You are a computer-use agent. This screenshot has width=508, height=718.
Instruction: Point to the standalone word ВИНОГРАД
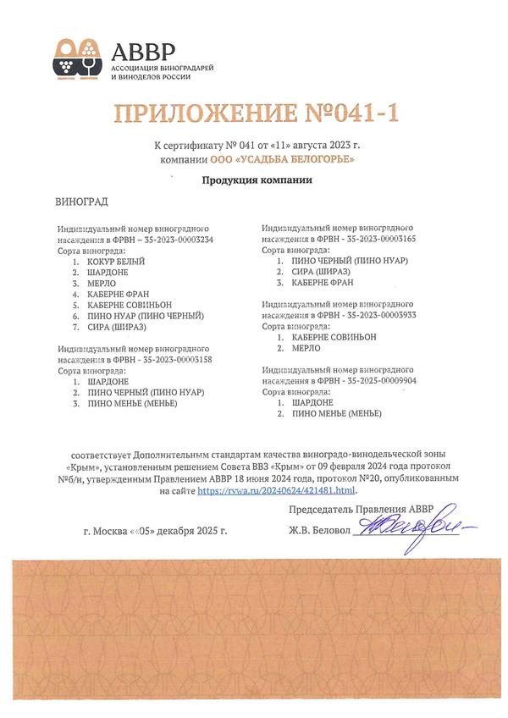(81, 204)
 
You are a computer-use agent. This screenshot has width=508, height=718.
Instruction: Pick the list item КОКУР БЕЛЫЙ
(116, 262)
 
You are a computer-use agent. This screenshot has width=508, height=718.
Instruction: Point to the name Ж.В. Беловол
(318, 531)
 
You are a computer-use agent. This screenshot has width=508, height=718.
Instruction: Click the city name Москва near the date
(113, 531)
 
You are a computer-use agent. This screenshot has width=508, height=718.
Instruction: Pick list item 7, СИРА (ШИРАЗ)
(116, 327)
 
